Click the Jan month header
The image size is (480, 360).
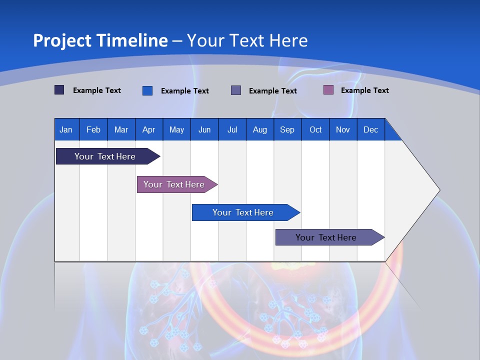pyautogui.click(x=66, y=129)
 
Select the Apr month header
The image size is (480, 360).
pyautogui.click(x=148, y=129)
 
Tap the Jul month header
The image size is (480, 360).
pyautogui.click(x=232, y=129)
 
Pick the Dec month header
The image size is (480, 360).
pyautogui.click(x=370, y=129)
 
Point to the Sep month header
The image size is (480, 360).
pyautogui.click(x=287, y=129)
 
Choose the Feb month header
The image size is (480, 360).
pyautogui.click(x=93, y=129)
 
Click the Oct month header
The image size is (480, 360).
pyautogui.click(x=315, y=129)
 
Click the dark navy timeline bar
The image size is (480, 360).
pyautogui.click(x=105, y=156)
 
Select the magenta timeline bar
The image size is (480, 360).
pyautogui.click(x=174, y=184)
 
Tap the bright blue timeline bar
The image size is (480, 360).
pyautogui.click(x=243, y=212)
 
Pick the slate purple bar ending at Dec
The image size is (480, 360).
pyautogui.click(x=326, y=237)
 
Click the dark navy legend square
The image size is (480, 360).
pyautogui.click(x=59, y=90)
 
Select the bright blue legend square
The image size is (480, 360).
pyautogui.click(x=147, y=90)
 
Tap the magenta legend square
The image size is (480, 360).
pyautogui.click(x=328, y=90)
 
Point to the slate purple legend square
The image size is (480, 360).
pyautogui.click(x=236, y=90)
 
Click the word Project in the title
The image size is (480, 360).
pyautogui.click(x=62, y=40)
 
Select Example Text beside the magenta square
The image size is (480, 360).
pyautogui.click(x=364, y=90)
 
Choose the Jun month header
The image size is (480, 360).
pyautogui.click(x=204, y=129)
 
